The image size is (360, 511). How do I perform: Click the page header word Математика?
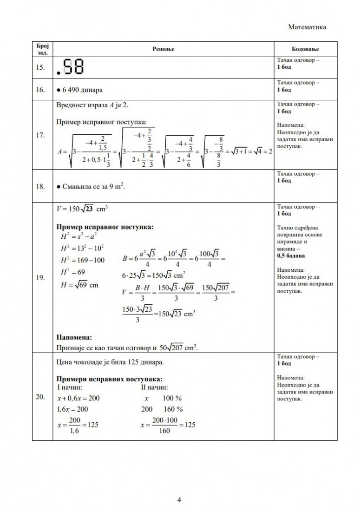pos(307,27)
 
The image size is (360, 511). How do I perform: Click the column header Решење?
pos(163,49)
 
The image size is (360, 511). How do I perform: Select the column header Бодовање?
pos(305,49)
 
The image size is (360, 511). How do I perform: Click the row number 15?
pos(40,68)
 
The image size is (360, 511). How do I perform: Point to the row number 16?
pos(40,90)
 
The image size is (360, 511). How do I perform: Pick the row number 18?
pos(40,186)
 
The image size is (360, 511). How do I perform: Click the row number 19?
pos(40,278)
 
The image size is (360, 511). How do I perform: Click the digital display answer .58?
pos(70,68)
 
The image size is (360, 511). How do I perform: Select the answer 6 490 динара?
pos(79,90)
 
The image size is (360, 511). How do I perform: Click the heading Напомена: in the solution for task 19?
pos(74,337)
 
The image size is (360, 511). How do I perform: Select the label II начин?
pos(155,387)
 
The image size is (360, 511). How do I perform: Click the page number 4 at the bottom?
pos(179,500)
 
